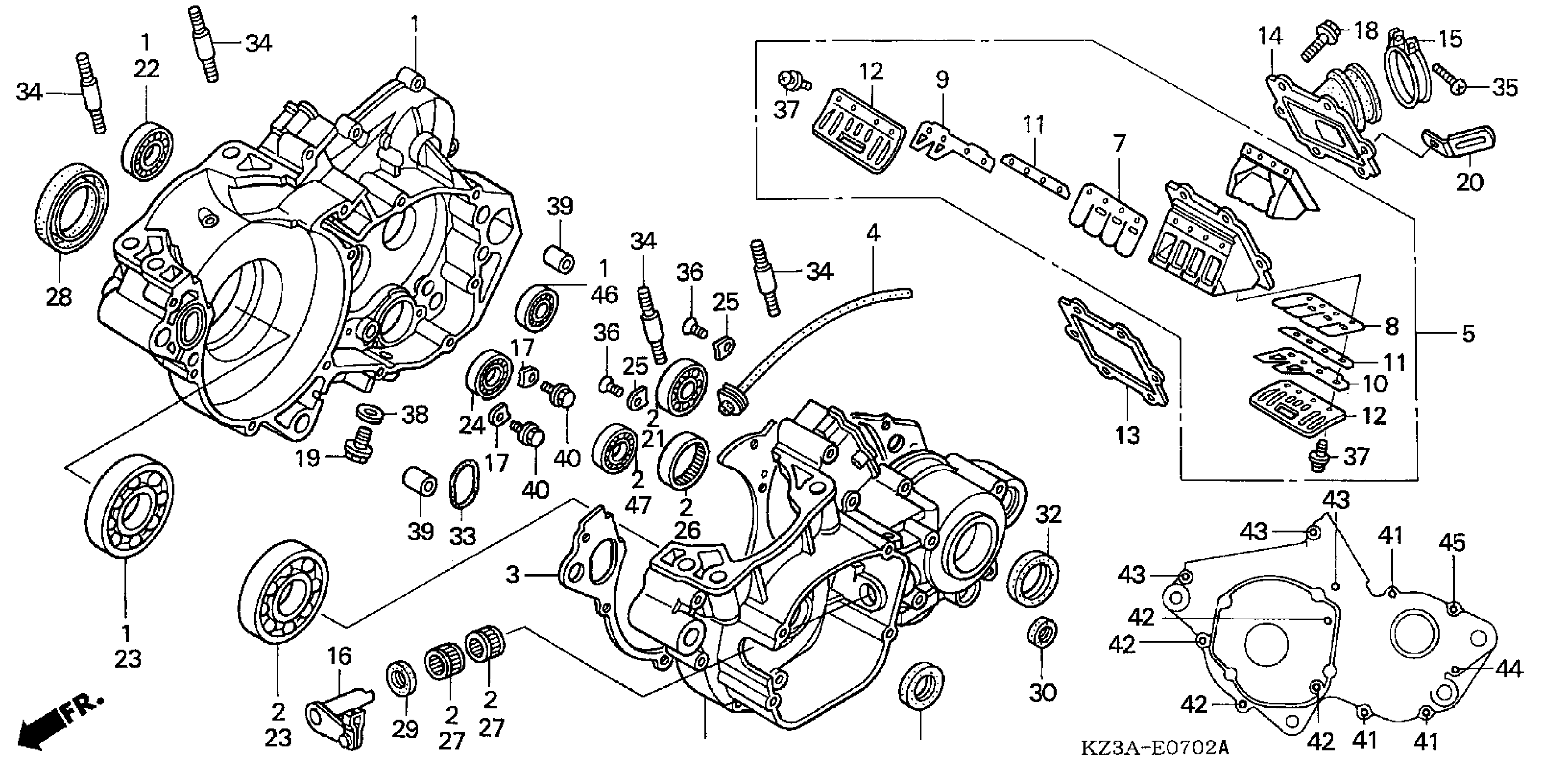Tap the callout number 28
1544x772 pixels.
tap(59, 297)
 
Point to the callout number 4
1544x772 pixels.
tap(873, 233)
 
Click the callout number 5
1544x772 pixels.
tap(1467, 334)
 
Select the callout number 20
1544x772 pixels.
tap(1469, 181)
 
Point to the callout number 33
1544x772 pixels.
tap(462, 535)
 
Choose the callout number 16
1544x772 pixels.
tap(339, 656)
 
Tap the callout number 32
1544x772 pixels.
tap(1048, 514)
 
